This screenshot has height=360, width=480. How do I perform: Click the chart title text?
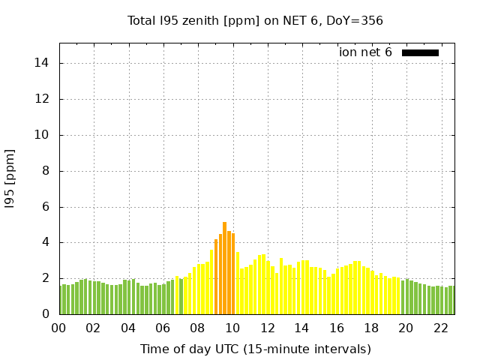pyautogui.click(x=255, y=21)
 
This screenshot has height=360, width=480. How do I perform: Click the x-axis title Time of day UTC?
pyautogui.click(x=255, y=349)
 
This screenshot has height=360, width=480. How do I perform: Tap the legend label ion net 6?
pyautogui.click(x=365, y=52)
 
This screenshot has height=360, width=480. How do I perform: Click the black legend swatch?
pyautogui.click(x=420, y=52)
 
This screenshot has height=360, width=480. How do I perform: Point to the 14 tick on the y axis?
pyautogui.click(x=43, y=63)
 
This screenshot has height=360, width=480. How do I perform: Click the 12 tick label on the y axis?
pyautogui.click(x=43, y=99)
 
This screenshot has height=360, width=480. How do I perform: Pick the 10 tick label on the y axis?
pyautogui.click(x=43, y=135)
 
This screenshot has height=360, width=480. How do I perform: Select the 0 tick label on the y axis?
pyautogui.click(x=46, y=314)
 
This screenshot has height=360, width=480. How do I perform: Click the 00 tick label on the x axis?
pyautogui.click(x=59, y=328)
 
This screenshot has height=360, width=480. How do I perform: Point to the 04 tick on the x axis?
pyautogui.click(x=128, y=328)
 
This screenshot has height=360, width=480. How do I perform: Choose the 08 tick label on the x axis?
pyautogui.click(x=198, y=328)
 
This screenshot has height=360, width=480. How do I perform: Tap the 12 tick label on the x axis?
pyautogui.click(x=267, y=328)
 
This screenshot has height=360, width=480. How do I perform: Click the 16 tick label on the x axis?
pyautogui.click(x=337, y=328)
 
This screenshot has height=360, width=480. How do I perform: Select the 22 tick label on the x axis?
pyautogui.click(x=441, y=328)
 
